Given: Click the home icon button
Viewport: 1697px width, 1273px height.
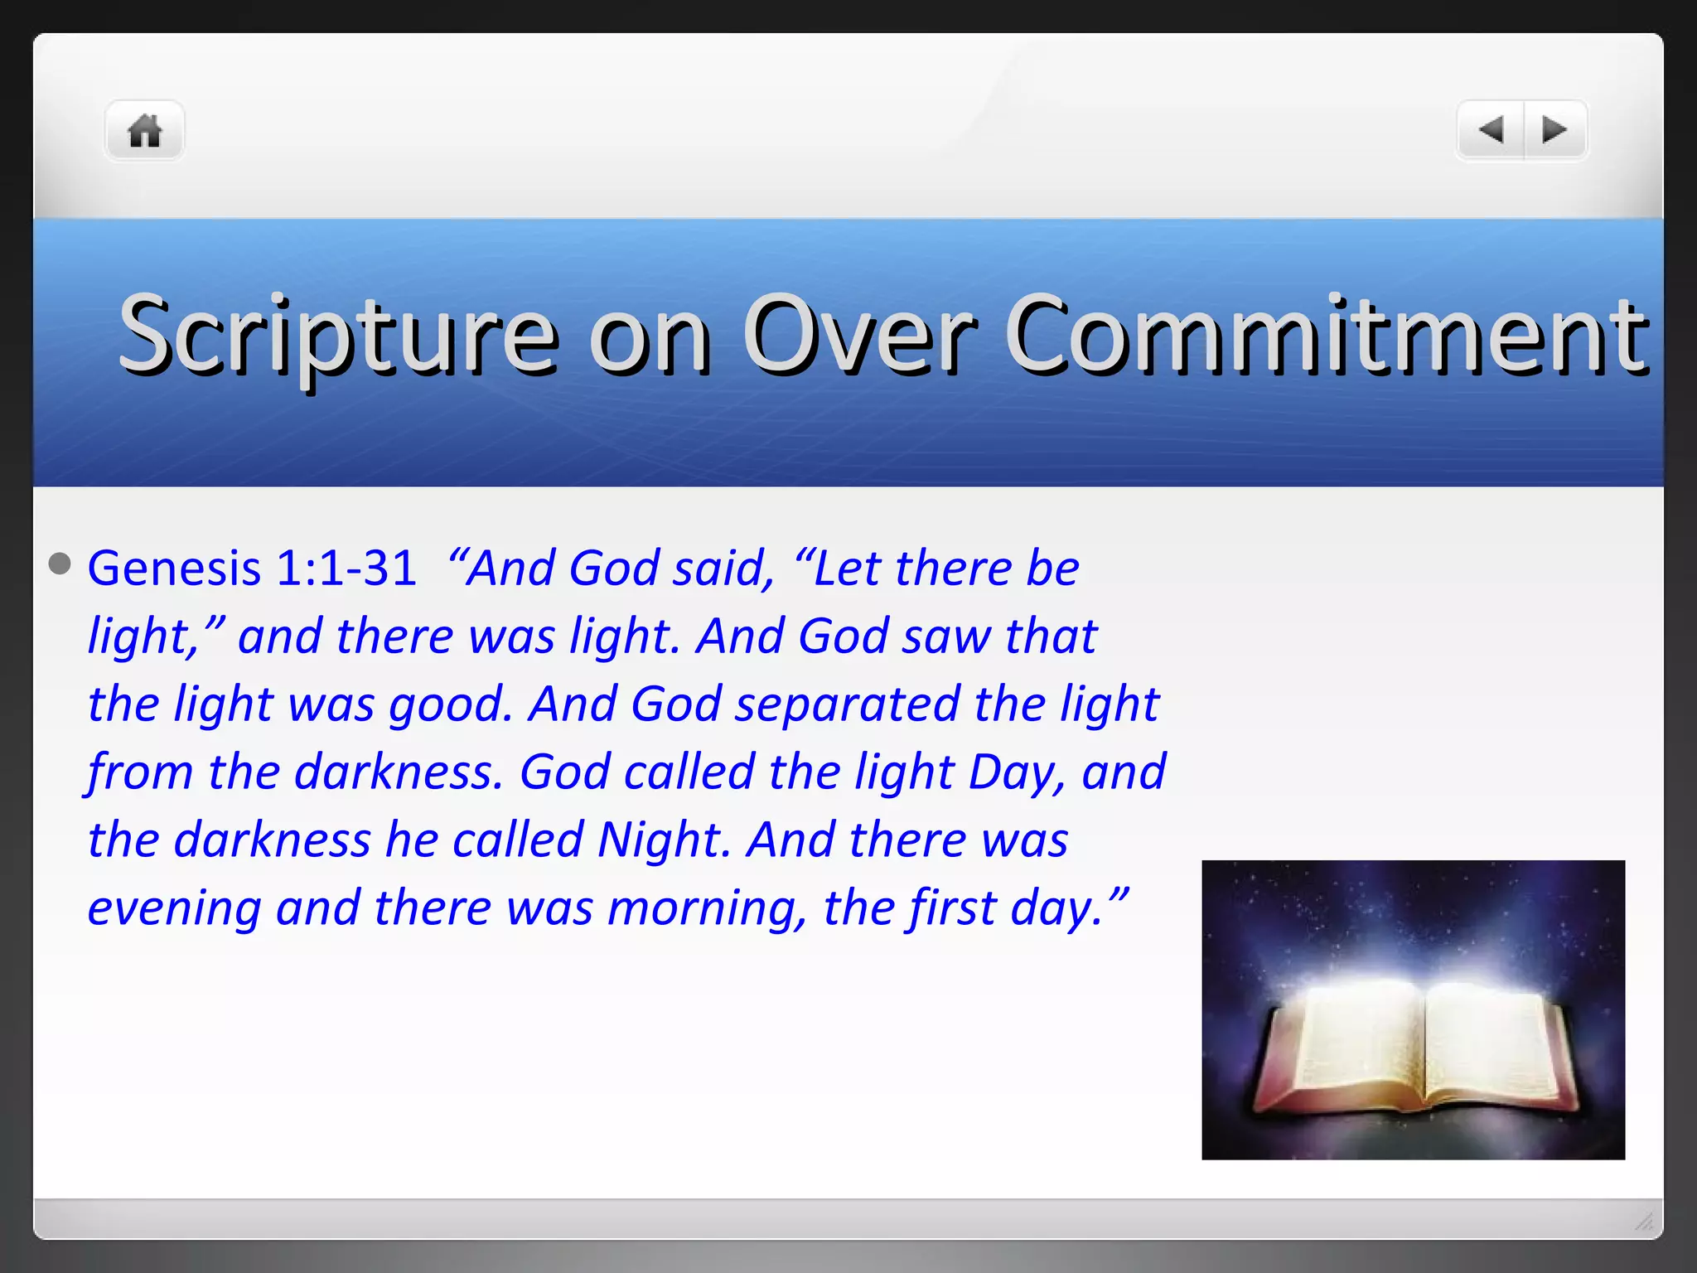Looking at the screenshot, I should pyautogui.click(x=144, y=131).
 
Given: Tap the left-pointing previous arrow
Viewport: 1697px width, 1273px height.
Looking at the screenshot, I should pyautogui.click(x=1492, y=130).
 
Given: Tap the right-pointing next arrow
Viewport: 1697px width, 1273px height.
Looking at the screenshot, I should pyautogui.click(x=1554, y=130).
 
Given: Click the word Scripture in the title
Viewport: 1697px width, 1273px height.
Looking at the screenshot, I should pyautogui.click(x=338, y=336).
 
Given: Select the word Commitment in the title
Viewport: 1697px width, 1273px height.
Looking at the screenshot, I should pyautogui.click(x=1326, y=336).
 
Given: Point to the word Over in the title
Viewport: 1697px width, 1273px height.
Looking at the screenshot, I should pyautogui.click(x=858, y=336).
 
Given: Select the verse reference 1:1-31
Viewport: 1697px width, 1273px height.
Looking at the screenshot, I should pyautogui.click(x=346, y=569).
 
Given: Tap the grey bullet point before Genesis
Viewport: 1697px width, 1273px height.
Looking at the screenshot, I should pyautogui.click(x=60, y=564).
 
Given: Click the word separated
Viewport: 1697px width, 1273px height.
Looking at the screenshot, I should pyautogui.click(x=847, y=704).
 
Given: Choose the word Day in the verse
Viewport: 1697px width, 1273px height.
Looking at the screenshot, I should pyautogui.click(x=1016, y=772).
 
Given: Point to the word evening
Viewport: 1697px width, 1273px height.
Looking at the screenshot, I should pyautogui.click(x=174, y=908).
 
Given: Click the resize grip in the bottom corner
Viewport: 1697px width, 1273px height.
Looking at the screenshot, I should pyautogui.click(x=1644, y=1221).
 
